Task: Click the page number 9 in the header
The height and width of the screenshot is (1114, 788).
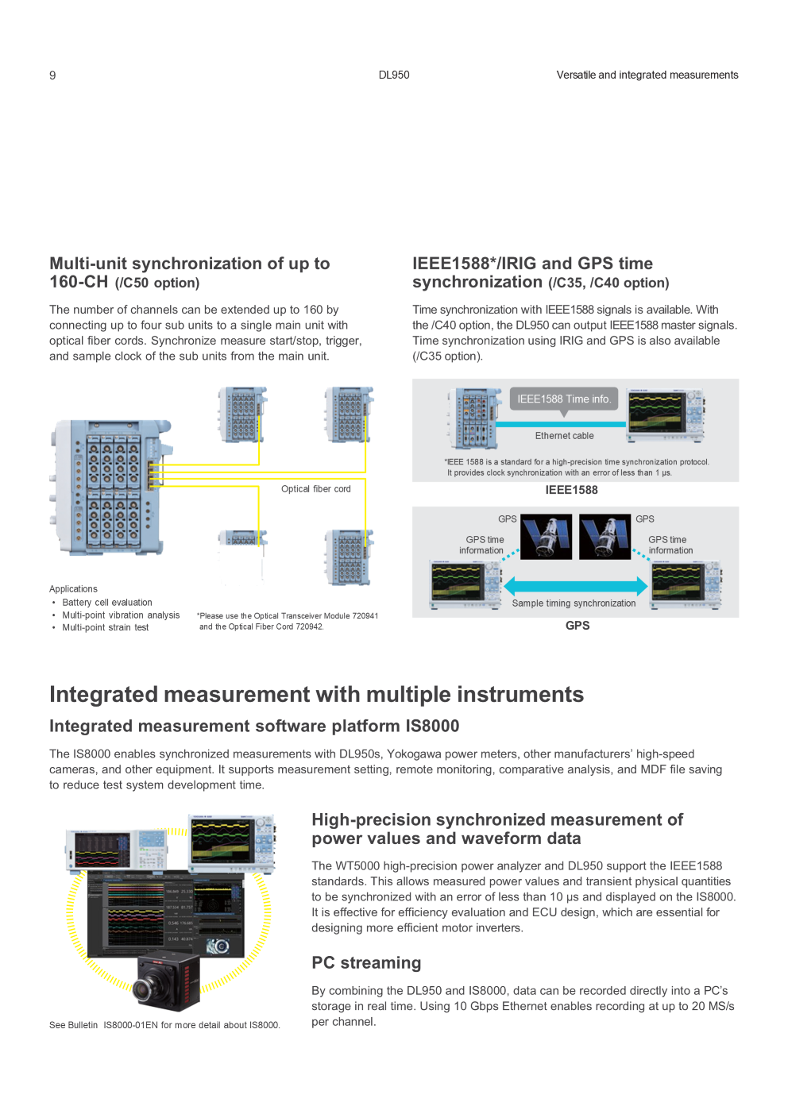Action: [52, 75]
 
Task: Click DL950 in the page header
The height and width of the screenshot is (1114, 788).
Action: [393, 75]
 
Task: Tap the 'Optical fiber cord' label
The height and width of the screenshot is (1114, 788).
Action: [316, 489]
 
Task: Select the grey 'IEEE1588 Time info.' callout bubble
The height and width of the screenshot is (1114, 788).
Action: [564, 399]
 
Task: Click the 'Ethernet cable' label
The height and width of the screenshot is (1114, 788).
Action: [564, 436]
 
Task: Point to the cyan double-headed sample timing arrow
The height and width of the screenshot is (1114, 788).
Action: [576, 586]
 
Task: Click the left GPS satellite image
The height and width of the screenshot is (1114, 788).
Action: [546, 537]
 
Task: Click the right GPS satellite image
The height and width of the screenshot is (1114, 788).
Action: [605, 537]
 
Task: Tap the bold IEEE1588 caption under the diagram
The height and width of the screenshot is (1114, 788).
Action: [571, 490]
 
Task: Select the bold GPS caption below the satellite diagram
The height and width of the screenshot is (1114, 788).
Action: [577, 626]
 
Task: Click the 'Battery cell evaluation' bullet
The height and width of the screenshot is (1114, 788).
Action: [107, 602]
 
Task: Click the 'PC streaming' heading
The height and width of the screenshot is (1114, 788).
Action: [366, 963]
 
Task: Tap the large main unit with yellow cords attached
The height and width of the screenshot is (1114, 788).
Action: [111, 488]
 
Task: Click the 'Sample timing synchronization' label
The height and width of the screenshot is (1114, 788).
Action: [574, 603]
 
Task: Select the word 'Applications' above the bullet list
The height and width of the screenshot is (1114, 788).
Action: [73, 589]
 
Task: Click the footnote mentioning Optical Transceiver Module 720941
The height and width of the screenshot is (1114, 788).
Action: [287, 621]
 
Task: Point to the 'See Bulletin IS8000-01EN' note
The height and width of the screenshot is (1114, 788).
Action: [164, 1025]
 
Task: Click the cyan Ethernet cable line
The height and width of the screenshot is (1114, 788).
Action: [561, 424]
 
